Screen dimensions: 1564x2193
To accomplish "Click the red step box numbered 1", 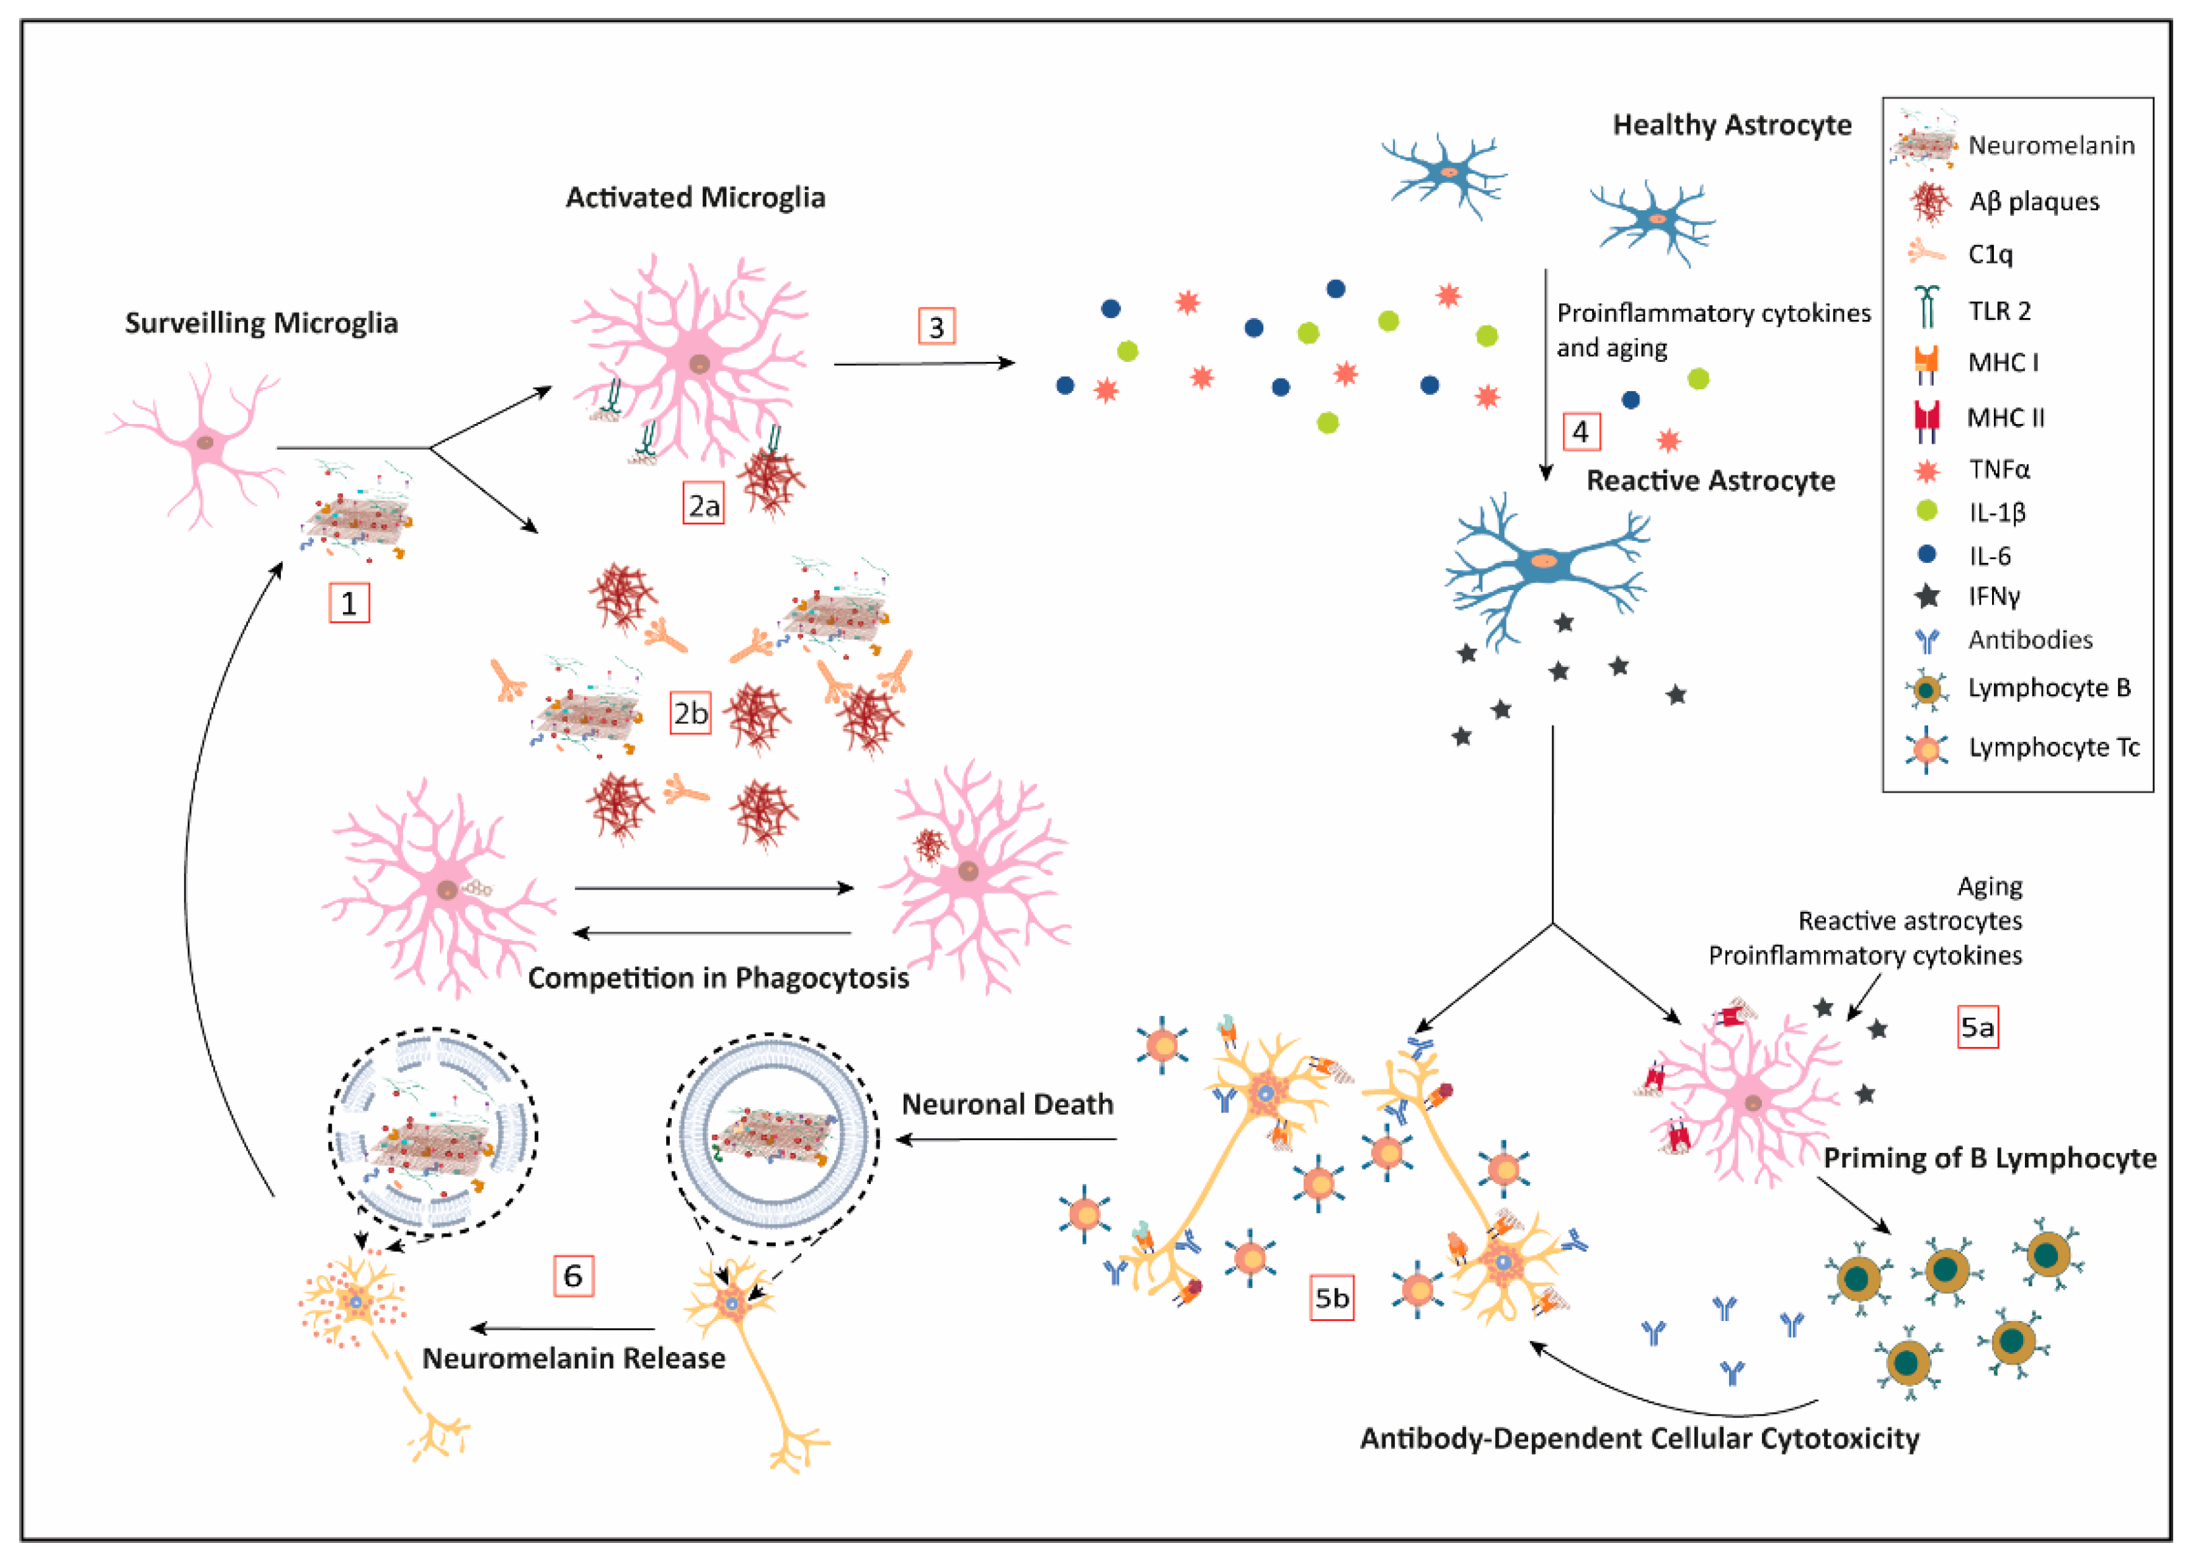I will (349, 603).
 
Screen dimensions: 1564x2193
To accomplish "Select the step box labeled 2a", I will (703, 505).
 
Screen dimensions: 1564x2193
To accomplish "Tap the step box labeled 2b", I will (690, 713).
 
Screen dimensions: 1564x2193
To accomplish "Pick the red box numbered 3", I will (936, 327).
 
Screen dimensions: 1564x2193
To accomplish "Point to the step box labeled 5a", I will (1977, 1027).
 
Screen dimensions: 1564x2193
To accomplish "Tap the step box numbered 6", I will (573, 1275).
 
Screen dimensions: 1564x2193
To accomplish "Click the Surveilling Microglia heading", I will (261, 322).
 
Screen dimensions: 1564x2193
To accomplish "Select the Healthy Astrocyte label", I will (1732, 125).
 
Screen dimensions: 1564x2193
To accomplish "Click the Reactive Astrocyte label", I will (1710, 480).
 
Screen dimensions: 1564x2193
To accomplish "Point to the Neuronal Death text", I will (1007, 1103).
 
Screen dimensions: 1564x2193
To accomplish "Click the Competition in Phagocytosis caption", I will (718, 978).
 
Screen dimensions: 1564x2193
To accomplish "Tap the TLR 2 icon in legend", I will (1926, 309).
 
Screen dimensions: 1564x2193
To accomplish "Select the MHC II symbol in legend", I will (1926, 418).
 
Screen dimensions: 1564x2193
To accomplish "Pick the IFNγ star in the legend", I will (1927, 596).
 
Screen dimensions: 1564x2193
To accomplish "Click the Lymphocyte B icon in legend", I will (1926, 689).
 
